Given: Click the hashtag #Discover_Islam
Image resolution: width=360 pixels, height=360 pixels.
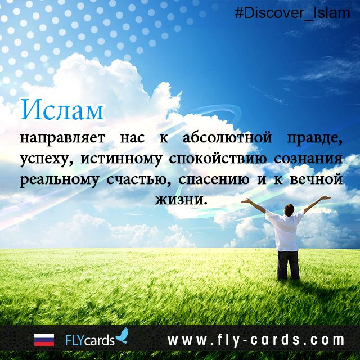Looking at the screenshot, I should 292,12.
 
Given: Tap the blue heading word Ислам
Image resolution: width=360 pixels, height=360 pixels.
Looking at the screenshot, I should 62,110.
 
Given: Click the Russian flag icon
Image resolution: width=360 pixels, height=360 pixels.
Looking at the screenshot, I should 44,340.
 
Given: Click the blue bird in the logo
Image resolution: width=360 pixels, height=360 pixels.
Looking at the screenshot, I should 122,336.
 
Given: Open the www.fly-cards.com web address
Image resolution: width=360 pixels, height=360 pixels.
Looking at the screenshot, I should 255,340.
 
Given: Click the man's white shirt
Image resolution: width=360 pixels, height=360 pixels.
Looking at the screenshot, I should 285,231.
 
